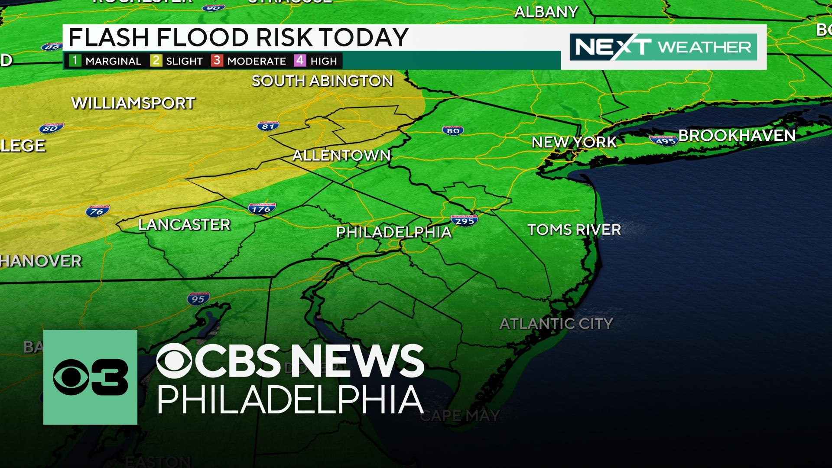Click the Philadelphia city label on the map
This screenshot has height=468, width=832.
coord(394,232)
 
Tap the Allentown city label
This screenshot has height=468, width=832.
coord(341,155)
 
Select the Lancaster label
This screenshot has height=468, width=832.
coord(184,224)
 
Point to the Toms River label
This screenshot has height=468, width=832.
coord(574,229)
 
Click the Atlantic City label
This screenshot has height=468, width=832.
coord(556,324)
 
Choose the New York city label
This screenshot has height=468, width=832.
coord(574,142)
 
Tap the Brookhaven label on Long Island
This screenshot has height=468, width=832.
coord(737,136)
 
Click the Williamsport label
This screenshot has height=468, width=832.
coord(133,103)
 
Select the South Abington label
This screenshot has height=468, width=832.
coord(322,81)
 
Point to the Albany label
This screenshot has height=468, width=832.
coord(546,12)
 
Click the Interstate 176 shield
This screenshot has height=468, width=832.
coord(262,208)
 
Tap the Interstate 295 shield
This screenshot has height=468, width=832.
coord(465,220)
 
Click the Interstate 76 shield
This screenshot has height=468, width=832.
coord(97,211)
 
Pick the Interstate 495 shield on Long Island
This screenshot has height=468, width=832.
coord(663,140)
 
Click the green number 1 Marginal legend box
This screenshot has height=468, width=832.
coord(75,60)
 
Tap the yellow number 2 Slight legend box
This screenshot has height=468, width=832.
coord(156,60)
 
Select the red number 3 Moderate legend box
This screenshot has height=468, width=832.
coord(217,60)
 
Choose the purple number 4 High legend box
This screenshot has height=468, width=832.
coord(300,60)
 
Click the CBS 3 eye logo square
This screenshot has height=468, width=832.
coord(90,377)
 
